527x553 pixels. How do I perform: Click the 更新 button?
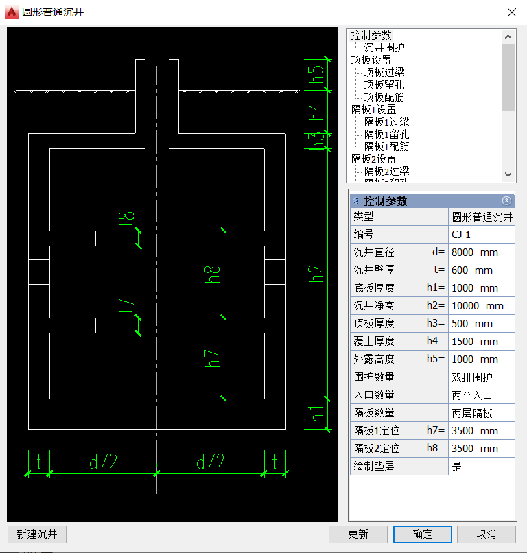pyautogui.click(x=358, y=534)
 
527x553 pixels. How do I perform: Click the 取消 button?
pyautogui.click(x=486, y=534)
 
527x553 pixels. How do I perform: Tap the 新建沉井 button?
pyautogui.click(x=36, y=534)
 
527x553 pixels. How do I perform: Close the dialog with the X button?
pyautogui.click(x=511, y=12)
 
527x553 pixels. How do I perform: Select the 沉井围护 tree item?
pyautogui.click(x=384, y=47)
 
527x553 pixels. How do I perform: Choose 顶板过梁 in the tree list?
pyautogui.click(x=384, y=72)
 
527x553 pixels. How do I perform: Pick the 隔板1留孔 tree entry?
pyautogui.click(x=386, y=134)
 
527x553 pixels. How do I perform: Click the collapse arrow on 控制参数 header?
pyautogui.click(x=506, y=201)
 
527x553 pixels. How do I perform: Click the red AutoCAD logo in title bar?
pyautogui.click(x=11, y=12)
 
